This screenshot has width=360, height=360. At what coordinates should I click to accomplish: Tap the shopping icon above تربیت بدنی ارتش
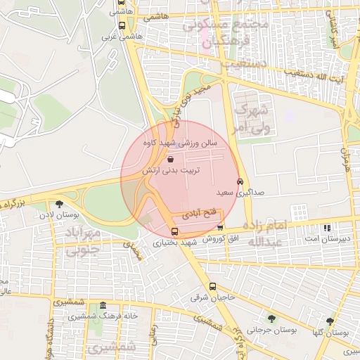coord(172,160)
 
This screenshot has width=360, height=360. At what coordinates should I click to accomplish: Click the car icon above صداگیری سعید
coord(240,181)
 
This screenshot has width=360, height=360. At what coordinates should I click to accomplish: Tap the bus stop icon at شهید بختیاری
coord(174,231)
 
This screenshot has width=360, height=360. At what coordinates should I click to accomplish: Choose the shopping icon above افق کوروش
coord(220,228)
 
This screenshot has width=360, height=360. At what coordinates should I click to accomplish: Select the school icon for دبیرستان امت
coord(326,229)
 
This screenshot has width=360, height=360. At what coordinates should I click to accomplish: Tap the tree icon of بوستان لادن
coord(58,204)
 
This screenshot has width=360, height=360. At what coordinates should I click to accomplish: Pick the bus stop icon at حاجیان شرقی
coord(213,286)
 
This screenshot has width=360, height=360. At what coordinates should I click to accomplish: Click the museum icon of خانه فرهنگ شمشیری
coord(103,306)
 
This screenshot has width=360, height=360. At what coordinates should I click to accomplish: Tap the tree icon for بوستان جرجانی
coord(271,319)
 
